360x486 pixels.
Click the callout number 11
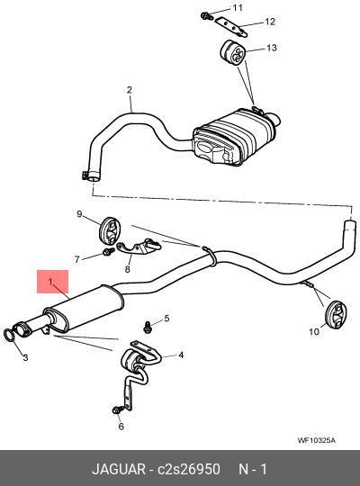238,7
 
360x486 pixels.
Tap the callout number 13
271,48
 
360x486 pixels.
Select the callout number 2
130,90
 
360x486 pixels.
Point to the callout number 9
79,214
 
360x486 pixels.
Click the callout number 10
314,331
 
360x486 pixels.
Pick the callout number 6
121,427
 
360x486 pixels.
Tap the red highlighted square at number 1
53,282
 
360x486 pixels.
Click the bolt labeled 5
148,328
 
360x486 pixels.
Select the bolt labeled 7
108,251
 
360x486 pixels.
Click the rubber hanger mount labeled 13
232,52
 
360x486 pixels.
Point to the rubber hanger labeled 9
110,232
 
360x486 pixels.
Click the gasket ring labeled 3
10,335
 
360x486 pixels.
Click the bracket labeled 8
139,247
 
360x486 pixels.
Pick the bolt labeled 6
118,409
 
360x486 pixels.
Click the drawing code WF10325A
316,440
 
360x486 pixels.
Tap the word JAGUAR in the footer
119,469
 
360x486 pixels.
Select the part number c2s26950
189,469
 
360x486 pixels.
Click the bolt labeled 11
206,16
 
